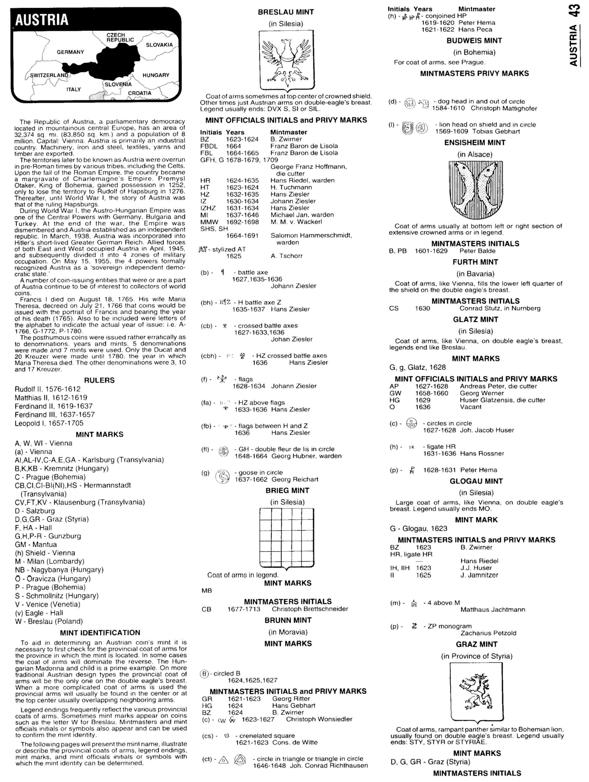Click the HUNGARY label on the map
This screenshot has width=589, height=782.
156,75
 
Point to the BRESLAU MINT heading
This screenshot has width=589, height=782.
286,12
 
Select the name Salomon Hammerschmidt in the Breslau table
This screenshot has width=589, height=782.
311,235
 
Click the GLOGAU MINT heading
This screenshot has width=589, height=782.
476,481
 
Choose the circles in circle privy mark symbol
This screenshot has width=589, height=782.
412,423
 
